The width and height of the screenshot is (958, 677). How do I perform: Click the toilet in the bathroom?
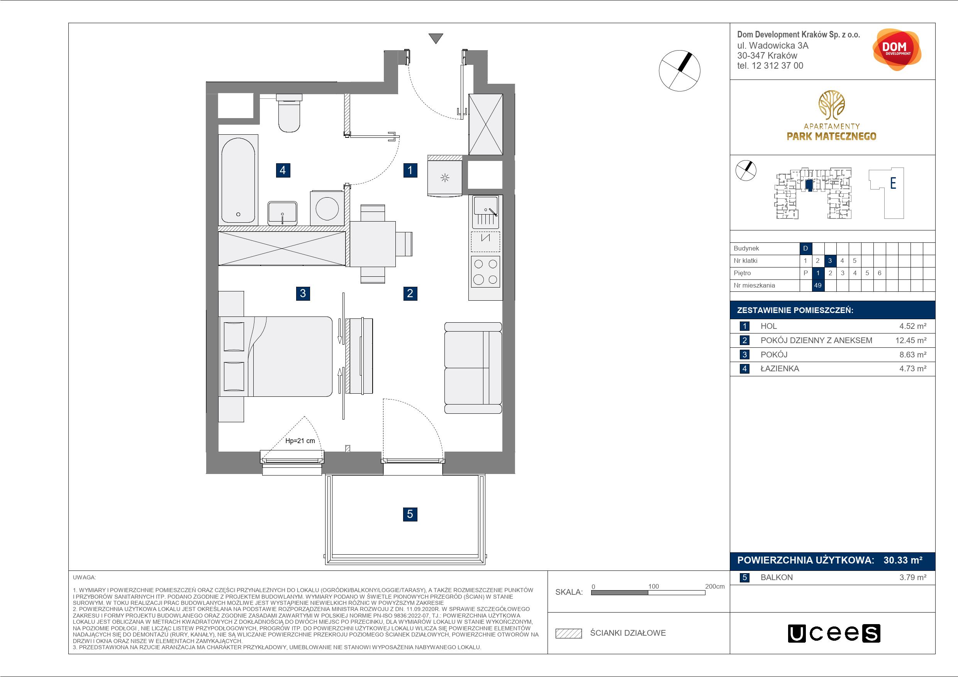click(x=289, y=113)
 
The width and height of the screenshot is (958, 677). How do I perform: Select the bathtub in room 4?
click(x=238, y=180)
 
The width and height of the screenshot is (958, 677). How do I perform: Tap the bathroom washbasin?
click(x=283, y=213)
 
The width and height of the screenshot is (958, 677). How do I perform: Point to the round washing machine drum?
click(x=327, y=208)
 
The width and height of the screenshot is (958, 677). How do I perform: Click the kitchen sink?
click(x=485, y=212)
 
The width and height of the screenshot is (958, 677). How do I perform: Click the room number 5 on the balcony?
click(x=410, y=514)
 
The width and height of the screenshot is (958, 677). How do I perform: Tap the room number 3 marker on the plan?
click(x=303, y=293)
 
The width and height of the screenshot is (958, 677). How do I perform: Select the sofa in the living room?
click(x=473, y=367)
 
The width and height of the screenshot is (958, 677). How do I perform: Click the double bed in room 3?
click(x=275, y=357)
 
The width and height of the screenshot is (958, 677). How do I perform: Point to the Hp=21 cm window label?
click(x=300, y=440)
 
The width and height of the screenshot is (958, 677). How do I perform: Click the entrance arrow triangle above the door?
click(x=436, y=38)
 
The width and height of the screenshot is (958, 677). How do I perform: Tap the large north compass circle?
click(x=679, y=71)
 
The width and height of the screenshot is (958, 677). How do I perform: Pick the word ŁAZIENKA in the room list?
click(x=780, y=369)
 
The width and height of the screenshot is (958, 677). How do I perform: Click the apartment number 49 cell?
click(x=818, y=285)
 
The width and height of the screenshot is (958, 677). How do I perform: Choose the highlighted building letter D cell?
click(x=806, y=248)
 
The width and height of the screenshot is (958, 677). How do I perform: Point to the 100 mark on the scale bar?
click(x=653, y=586)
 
